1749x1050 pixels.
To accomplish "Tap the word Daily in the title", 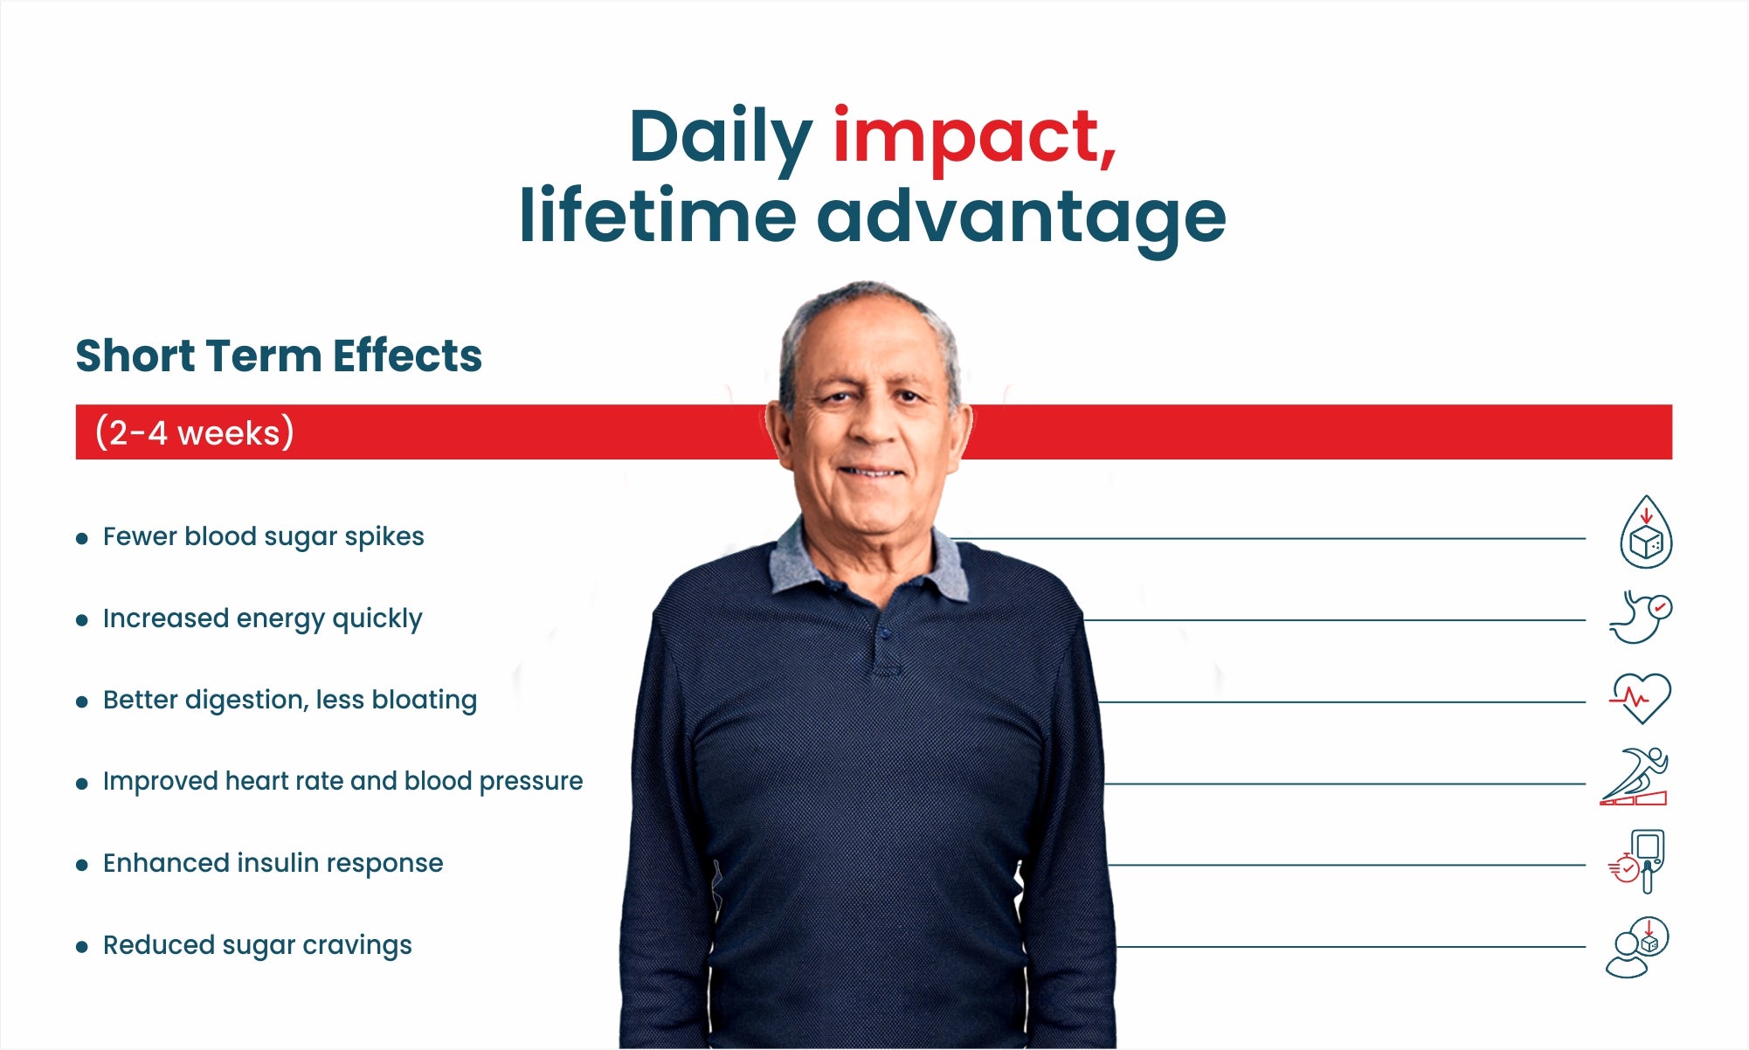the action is coord(721,139).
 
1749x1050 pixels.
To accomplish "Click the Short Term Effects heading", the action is coord(279,356).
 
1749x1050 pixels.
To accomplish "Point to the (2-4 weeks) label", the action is coord(194,432).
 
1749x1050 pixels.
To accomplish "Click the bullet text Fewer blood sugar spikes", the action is coord(263,536).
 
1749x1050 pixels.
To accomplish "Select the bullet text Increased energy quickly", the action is coord(262,618).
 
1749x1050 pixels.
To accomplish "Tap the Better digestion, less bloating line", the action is coord(290,700).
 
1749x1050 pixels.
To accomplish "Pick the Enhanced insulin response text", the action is coord(273,863).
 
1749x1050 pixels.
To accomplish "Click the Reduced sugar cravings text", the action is coord(257,945).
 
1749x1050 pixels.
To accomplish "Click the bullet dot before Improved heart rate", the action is coord(82,784).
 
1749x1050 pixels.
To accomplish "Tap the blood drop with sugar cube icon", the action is coord(1646,533).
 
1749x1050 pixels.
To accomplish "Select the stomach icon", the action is coord(1641,617).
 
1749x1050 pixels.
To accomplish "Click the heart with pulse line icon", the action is coord(1641,698).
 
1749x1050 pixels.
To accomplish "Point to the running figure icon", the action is coord(1635,777).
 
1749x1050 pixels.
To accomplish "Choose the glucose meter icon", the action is coord(1637,861).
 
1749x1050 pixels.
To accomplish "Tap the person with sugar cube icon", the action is coord(1637,947).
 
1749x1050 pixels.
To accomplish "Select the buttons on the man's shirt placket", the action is coord(883,634).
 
